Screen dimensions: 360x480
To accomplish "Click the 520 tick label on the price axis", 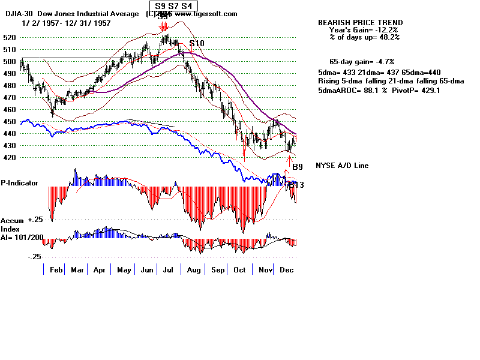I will tap(10, 37).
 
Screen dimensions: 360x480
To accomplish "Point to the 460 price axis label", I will tap(10, 110).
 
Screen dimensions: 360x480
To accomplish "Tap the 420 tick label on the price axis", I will tap(10, 158).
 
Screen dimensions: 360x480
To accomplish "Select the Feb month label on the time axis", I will tap(56, 271).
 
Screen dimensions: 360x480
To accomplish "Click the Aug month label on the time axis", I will tap(193, 271).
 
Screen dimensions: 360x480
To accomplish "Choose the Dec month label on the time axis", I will tap(286, 271).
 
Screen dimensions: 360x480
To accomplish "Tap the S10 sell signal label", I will tap(197, 44).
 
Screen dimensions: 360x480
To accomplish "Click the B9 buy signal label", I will tap(298, 167).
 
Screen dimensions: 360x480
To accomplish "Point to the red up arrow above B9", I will tap(290, 161).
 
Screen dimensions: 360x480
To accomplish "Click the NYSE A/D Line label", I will tap(342, 166).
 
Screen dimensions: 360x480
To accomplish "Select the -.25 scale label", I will tap(35, 256).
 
